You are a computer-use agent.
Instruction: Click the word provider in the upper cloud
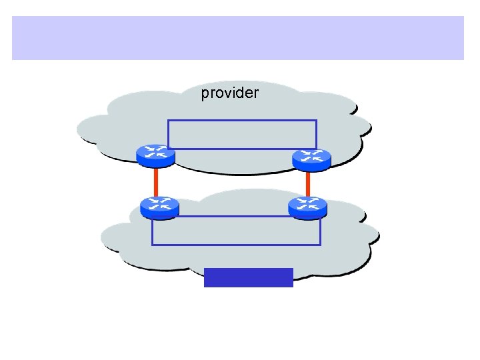tap(229, 93)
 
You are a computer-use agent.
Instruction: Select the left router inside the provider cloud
tap(155, 155)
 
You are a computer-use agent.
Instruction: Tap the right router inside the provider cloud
tap(311, 159)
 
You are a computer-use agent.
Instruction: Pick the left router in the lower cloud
tap(160, 207)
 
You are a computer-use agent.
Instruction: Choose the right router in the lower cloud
tap(307, 207)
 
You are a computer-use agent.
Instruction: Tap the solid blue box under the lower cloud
tap(248, 277)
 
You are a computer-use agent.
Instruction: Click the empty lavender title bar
tap(238, 38)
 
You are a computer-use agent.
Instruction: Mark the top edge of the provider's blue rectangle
tap(242, 120)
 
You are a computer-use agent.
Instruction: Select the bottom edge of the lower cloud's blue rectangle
tap(237, 245)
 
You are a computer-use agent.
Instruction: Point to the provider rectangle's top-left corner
tap(168, 120)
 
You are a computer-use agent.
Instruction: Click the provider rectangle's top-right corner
tap(316, 120)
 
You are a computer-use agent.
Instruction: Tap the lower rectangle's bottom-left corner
tap(153, 245)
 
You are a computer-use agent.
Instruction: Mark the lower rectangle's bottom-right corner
tap(321, 245)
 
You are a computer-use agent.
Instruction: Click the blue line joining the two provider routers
tap(233, 149)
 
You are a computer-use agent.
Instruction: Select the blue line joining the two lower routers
tap(233, 217)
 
